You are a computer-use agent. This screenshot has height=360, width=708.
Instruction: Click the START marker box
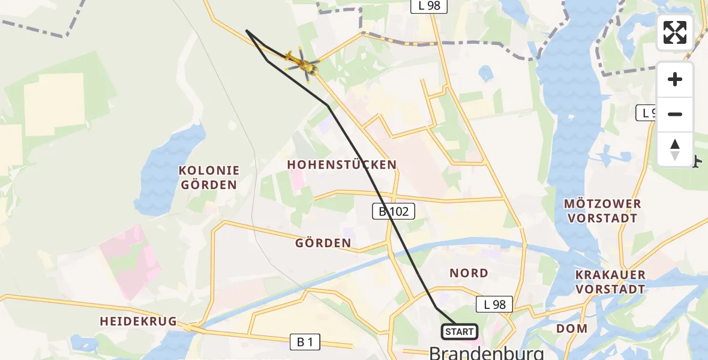point(460,332)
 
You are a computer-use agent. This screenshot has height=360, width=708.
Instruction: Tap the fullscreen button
point(675,32)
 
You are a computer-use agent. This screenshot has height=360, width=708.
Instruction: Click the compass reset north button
point(675,149)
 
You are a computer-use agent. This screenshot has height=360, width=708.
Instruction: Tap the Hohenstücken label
point(341,164)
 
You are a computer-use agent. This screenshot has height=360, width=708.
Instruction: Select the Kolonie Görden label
point(209,178)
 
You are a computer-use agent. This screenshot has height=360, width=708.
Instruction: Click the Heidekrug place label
point(138,322)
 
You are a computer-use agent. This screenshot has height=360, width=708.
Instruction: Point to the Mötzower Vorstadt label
point(602,211)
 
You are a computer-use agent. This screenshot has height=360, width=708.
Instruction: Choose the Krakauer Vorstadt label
point(610,282)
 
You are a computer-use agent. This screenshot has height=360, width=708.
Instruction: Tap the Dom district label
point(571,328)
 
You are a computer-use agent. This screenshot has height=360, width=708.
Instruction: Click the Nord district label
point(469,273)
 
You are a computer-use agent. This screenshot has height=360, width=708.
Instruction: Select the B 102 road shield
point(394,211)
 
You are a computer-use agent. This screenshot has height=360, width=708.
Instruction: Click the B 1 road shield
point(305,342)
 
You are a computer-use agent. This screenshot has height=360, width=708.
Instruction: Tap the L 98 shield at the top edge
point(429,5)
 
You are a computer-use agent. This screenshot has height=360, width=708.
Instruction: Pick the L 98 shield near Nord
point(494,304)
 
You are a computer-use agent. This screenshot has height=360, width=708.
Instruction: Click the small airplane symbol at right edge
point(696,161)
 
